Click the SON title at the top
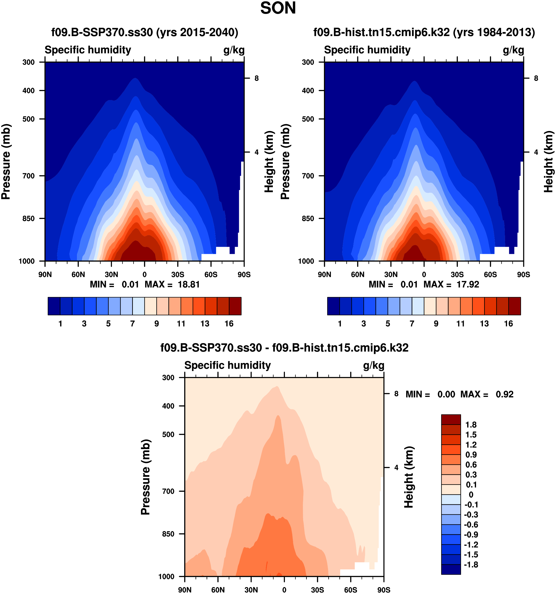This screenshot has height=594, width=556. (278, 8)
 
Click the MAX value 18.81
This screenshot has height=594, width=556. (188, 284)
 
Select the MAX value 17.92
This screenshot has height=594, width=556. (467, 284)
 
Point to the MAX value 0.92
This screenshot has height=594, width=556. (505, 394)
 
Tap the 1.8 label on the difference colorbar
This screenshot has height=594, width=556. (471, 425)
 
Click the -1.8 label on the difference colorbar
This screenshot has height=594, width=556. (471, 565)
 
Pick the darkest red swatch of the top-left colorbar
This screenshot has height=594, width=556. (235, 306)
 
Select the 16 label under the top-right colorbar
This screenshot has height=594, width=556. (509, 324)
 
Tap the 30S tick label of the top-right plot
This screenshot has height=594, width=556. (457, 275)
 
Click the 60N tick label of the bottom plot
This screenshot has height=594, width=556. (218, 590)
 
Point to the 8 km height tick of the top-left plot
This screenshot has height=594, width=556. (256, 78)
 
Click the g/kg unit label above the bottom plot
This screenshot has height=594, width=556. (373, 365)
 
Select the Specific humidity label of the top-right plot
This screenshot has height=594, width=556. (367, 50)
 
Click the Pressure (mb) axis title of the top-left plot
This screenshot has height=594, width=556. (6, 161)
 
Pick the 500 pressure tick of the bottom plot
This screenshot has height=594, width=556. (168, 435)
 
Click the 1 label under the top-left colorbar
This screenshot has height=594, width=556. (60, 324)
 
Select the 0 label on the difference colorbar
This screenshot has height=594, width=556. (471, 494)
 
